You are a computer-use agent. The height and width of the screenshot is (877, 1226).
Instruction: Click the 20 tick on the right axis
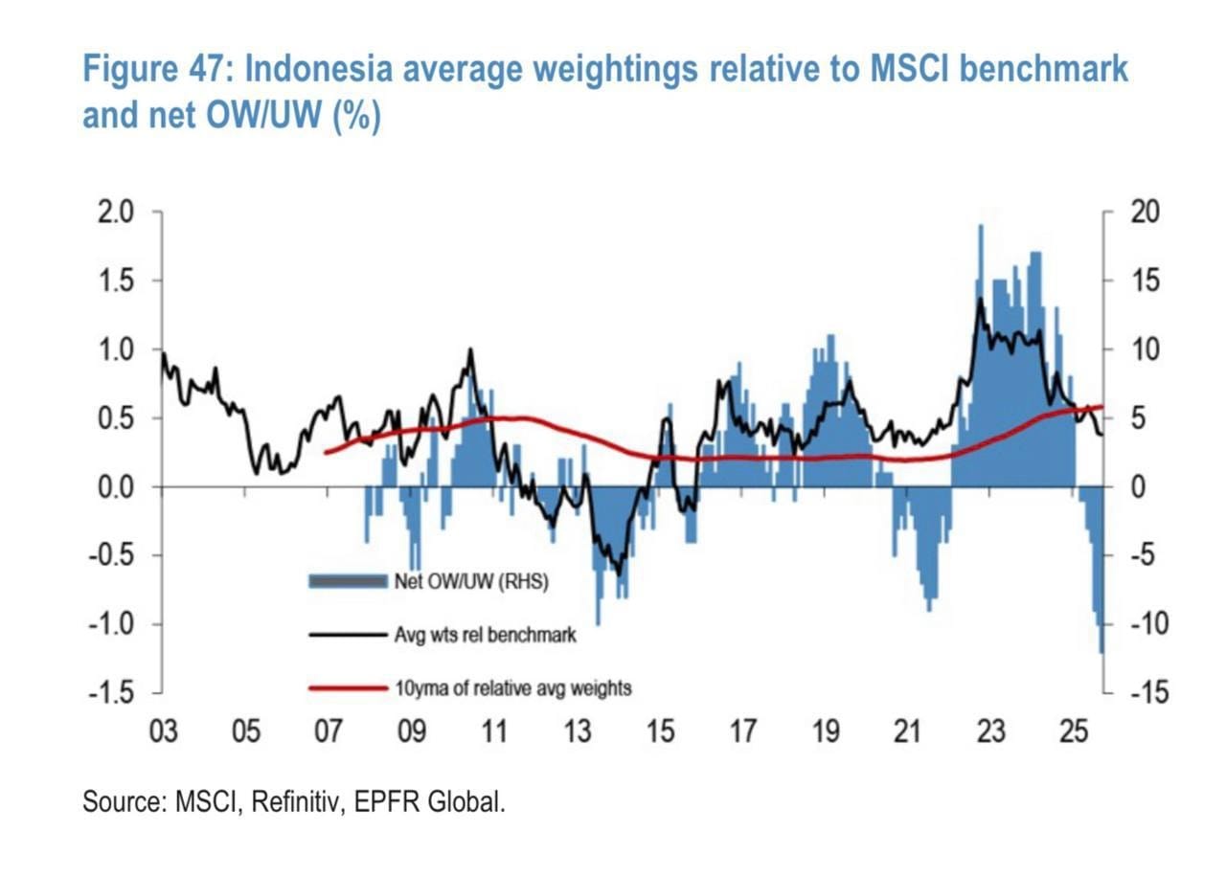click(x=1146, y=212)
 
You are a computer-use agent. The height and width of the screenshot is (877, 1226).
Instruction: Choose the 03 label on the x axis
click(x=162, y=731)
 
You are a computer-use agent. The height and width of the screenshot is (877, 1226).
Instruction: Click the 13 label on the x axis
click(x=578, y=731)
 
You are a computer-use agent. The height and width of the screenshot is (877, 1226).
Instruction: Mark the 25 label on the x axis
click(x=1075, y=731)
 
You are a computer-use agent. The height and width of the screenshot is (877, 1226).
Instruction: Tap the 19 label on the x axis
click(x=826, y=731)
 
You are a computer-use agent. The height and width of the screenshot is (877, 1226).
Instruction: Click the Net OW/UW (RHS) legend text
click(x=470, y=581)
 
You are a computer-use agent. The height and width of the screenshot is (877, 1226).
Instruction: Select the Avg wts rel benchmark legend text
click(x=485, y=634)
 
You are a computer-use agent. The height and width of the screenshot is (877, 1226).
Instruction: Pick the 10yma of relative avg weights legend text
click(x=512, y=687)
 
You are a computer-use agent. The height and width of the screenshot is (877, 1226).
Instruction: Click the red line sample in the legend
click(x=347, y=687)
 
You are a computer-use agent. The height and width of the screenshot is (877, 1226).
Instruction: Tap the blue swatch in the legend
click(x=347, y=581)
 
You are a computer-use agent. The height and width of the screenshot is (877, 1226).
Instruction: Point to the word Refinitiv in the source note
click(x=297, y=801)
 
